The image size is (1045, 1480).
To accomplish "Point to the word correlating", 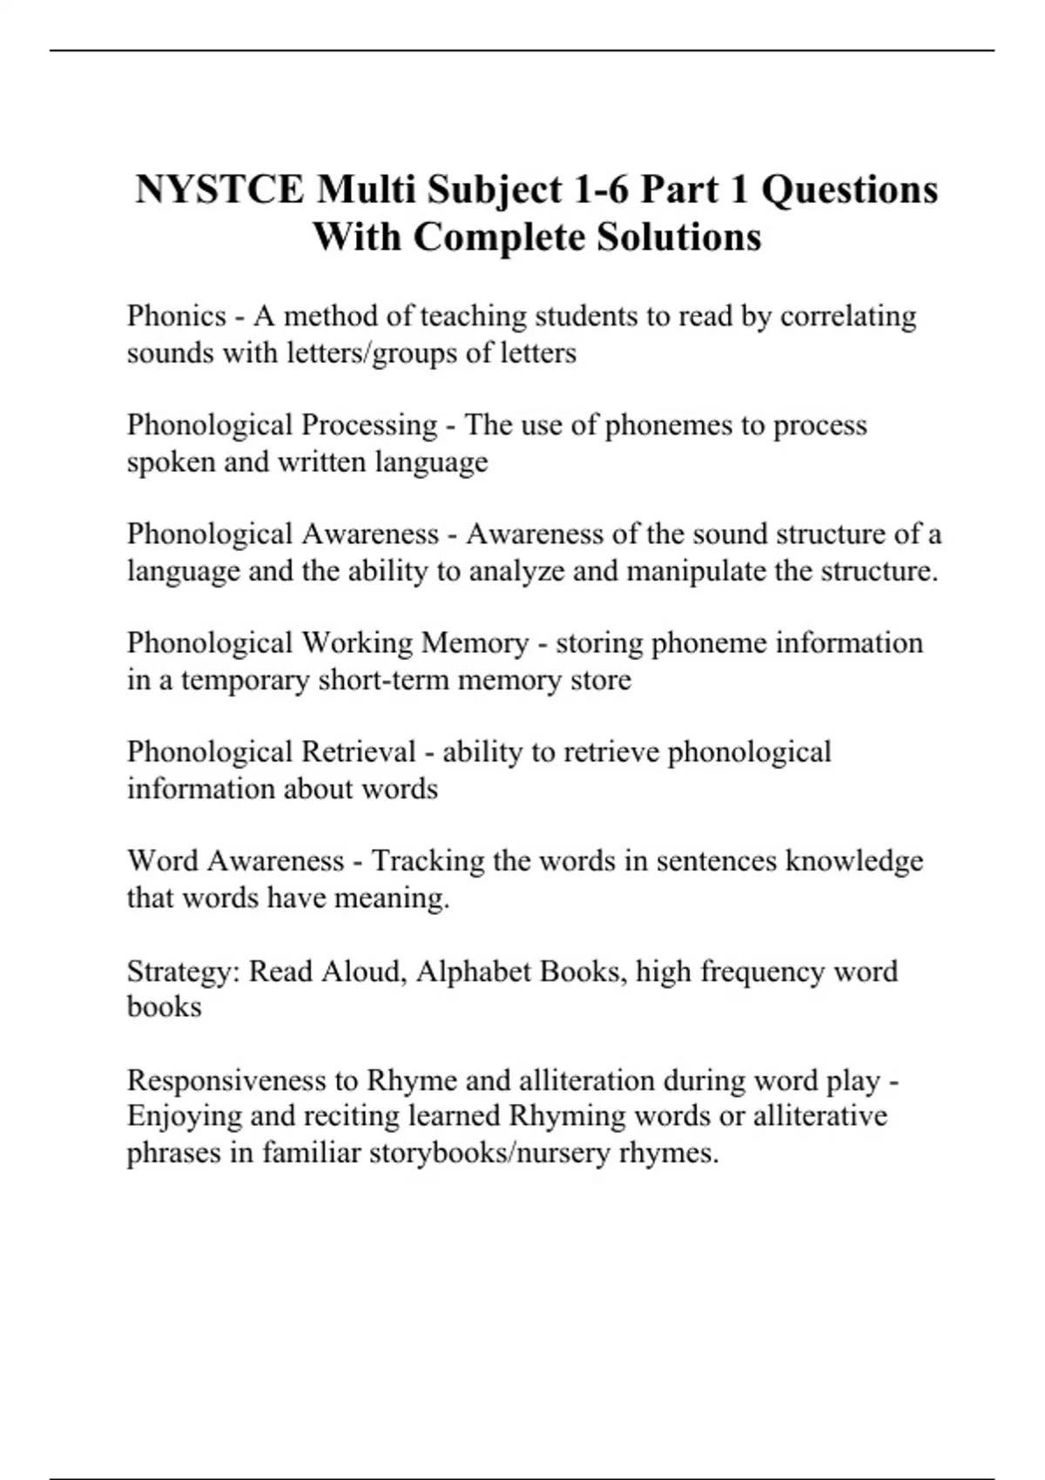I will tap(848, 316).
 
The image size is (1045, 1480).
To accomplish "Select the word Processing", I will tap(369, 426).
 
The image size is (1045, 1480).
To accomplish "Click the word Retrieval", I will tap(359, 752).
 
